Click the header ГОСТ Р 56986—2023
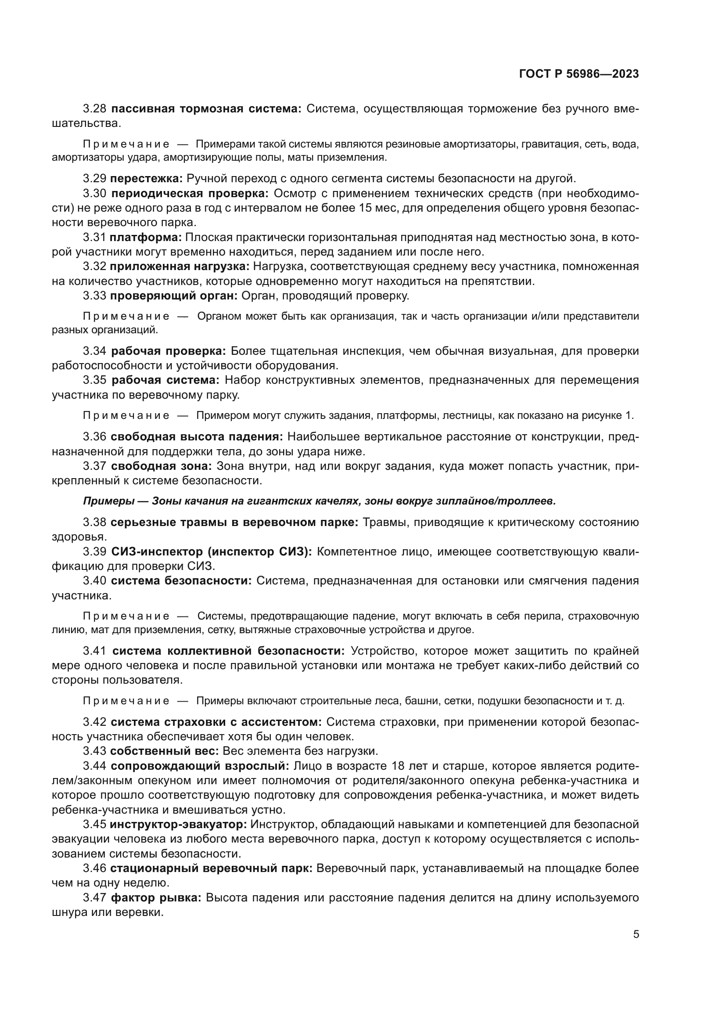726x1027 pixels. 579,74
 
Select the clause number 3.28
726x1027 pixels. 94,108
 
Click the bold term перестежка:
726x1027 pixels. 147,178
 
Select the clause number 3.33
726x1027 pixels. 94,295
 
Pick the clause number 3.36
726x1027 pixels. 94,436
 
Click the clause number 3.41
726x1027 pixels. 94,650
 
